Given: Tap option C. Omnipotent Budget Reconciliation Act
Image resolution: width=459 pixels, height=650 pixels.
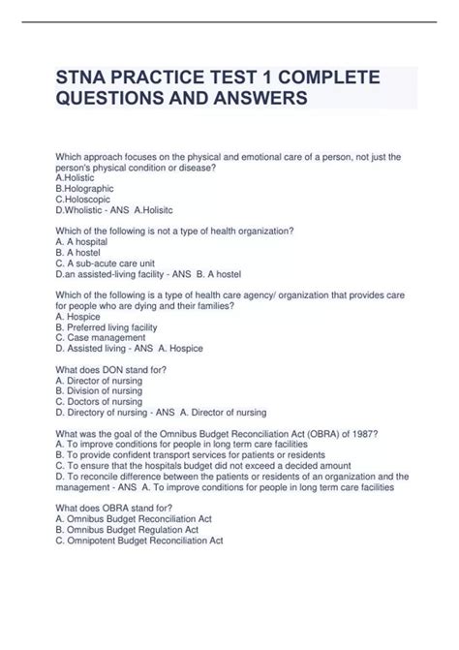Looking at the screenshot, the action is pos(139,540).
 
